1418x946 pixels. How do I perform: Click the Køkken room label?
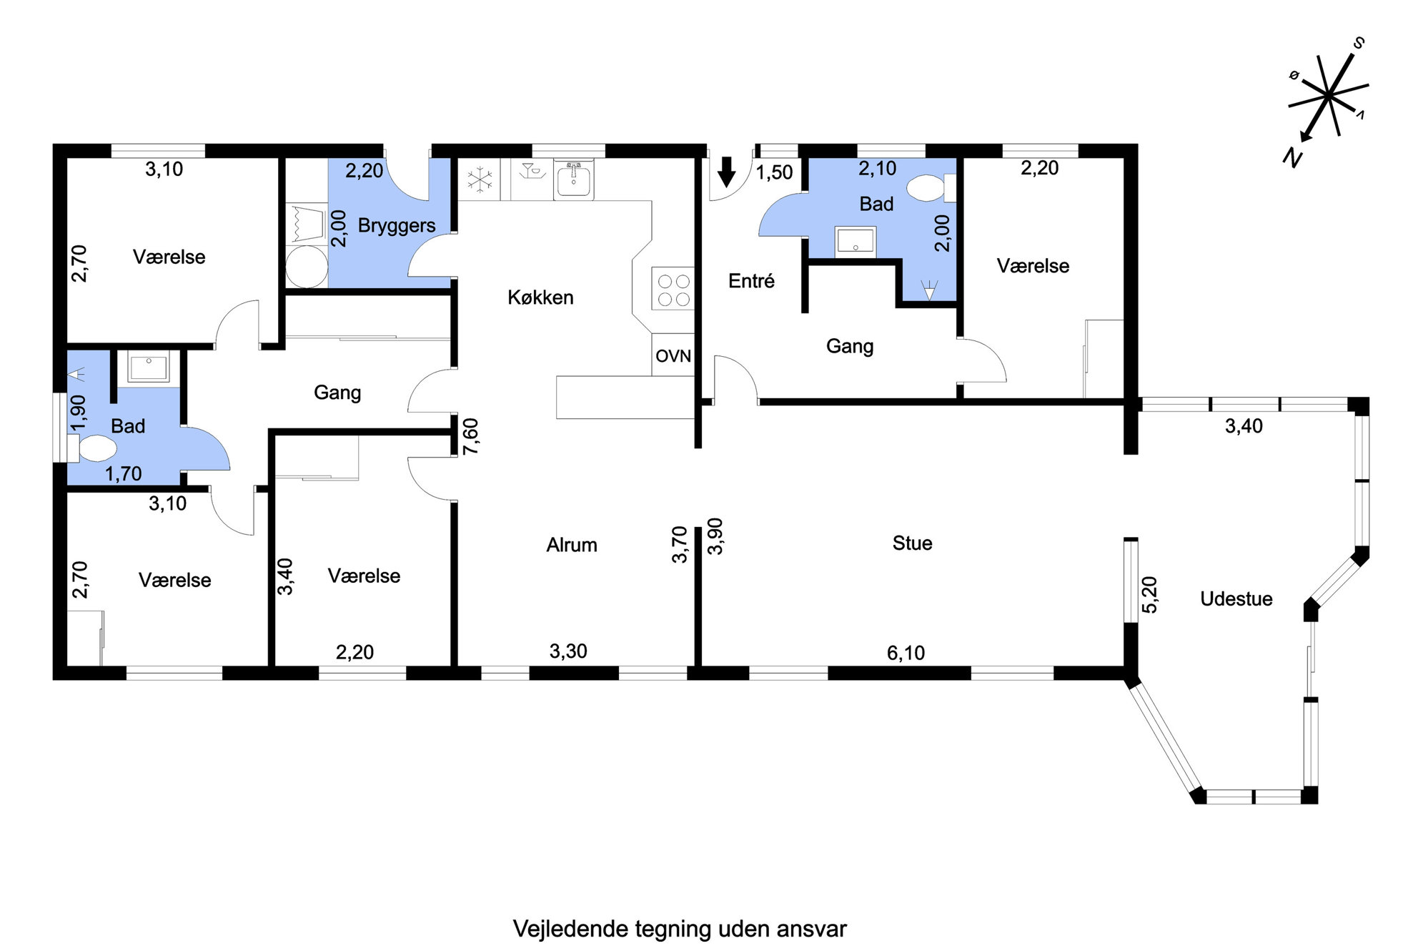point(540,297)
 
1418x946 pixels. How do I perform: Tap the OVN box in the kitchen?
point(673,355)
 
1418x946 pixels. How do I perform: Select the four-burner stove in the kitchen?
point(673,289)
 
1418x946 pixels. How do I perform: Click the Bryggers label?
point(397,226)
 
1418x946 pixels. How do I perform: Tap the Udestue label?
point(1236,599)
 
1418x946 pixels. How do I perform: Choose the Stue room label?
point(913,543)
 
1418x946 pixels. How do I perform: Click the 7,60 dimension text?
point(471,437)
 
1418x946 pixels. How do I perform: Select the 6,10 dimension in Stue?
point(906,653)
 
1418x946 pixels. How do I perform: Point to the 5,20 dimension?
point(1150,595)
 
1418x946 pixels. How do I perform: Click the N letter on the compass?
point(1291,157)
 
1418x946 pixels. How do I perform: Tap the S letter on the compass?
point(1359,44)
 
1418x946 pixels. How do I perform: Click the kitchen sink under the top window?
point(573,179)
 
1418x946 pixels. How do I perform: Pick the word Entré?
point(751,281)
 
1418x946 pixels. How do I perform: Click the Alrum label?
point(572,545)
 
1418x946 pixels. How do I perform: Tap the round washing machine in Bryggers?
point(306,267)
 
